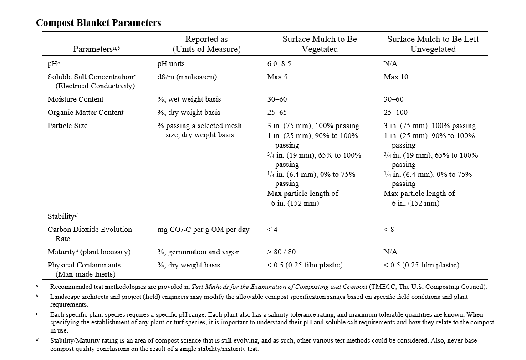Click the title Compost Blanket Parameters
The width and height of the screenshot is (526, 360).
tap(98, 23)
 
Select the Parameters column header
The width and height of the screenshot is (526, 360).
tap(97, 49)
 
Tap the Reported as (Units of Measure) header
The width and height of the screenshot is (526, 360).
tap(206, 44)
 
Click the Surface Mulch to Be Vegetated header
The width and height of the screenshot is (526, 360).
tap(320, 44)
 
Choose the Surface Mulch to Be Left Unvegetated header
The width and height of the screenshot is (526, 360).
tap(433, 44)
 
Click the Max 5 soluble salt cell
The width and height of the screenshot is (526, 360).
tap(277, 77)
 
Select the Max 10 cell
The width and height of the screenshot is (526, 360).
tap(396, 77)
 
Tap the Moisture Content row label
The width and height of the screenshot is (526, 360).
tap(76, 99)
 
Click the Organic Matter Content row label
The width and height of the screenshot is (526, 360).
tap(86, 113)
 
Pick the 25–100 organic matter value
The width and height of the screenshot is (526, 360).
tap(396, 113)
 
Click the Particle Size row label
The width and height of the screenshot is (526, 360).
tap(67, 126)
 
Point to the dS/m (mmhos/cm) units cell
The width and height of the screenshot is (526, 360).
tap(187, 77)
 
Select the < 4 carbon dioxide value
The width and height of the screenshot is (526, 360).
tap(272, 230)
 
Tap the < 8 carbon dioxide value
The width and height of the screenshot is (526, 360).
tap(388, 230)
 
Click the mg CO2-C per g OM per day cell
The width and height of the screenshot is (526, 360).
tap(203, 230)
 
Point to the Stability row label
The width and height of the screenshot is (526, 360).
tap(62, 216)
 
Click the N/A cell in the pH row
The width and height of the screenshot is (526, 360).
tap(390, 64)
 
